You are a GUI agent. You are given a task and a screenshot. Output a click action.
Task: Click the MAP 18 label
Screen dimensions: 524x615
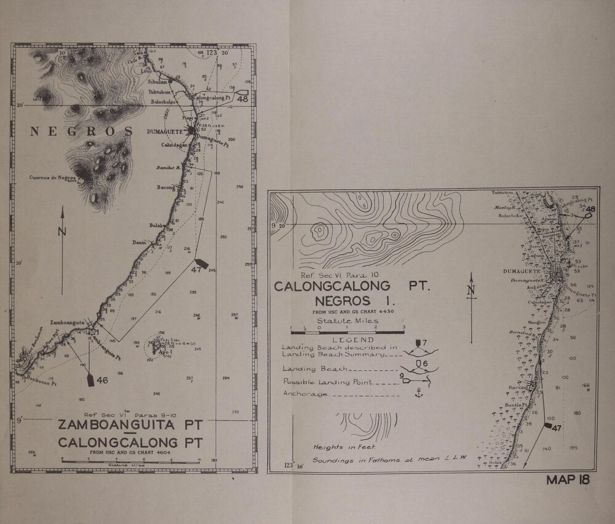pos(567,480)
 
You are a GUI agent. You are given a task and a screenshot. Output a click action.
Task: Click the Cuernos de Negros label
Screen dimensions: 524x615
pos(54,179)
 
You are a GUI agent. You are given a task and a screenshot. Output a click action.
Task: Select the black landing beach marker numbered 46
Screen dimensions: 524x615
pos(90,380)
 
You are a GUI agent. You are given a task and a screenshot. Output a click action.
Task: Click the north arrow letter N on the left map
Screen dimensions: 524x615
pos(61,231)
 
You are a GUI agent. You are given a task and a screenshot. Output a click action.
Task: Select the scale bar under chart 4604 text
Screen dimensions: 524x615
pos(130,459)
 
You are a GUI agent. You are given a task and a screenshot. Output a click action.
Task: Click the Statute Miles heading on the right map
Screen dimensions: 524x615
pos(347,321)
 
